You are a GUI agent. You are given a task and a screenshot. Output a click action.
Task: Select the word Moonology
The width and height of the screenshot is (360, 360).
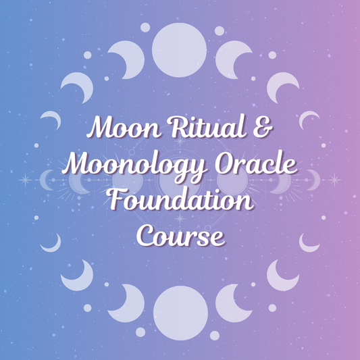pyautogui.click(x=124, y=164)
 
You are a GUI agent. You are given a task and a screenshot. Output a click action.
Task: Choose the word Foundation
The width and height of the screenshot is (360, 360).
pyautogui.click(x=180, y=200)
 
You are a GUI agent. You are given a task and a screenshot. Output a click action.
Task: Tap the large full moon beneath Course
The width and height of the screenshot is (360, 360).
pyautogui.click(x=180, y=312)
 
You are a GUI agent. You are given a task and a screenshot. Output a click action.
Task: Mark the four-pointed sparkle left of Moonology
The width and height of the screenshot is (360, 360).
pyautogui.click(x=28, y=180)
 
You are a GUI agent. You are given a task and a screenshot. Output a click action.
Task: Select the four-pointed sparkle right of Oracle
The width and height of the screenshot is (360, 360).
pyautogui.click(x=333, y=180)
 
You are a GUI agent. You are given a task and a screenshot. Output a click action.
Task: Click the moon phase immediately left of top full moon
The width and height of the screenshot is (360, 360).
pyautogui.click(x=127, y=57)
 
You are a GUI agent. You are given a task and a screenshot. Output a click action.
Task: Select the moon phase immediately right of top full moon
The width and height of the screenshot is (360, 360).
pyautogui.click(x=234, y=57)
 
